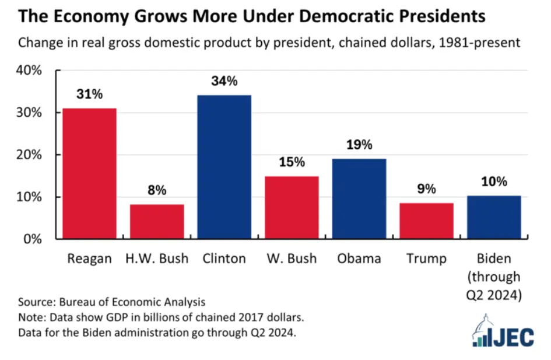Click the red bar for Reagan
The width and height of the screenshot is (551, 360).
coord(89,173)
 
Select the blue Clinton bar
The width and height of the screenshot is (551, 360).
coord(224,167)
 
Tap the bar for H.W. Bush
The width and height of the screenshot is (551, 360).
coord(157,221)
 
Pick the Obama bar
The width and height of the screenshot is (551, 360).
coord(359,198)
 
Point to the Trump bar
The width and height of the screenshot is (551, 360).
coord(426,221)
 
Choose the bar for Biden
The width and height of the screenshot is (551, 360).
coord(494,217)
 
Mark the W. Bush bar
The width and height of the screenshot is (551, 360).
coord(292,207)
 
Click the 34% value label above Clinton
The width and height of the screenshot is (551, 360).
coord(224,82)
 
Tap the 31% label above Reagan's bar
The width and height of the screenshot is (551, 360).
coord(89,94)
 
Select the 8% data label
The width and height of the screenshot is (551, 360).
coord(157,190)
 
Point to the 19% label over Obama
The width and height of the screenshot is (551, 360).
coord(359,145)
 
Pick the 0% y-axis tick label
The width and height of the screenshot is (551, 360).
coord(33,239)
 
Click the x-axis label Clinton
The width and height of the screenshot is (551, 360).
coord(224,258)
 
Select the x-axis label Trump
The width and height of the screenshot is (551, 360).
coord(426,258)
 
